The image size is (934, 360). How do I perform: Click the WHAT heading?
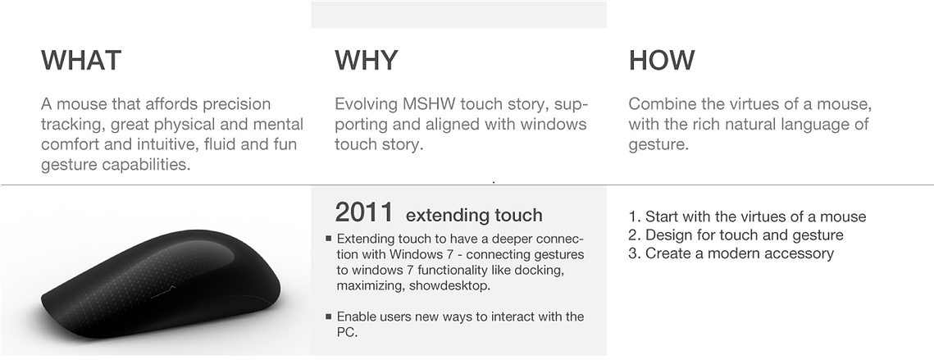pyautogui.click(x=81, y=60)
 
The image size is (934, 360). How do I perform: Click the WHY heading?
pyautogui.click(x=366, y=60)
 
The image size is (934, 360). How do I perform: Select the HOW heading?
pyautogui.click(x=661, y=60)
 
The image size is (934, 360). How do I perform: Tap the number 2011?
pyautogui.click(x=364, y=212)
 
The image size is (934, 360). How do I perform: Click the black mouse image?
pyautogui.click(x=160, y=284)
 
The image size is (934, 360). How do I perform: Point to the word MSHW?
pyautogui.click(x=429, y=103)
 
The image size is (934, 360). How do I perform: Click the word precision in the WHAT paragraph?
pyautogui.click(x=236, y=104)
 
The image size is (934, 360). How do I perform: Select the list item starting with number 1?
pyautogui.click(x=747, y=216)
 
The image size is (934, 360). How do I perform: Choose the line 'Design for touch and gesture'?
pyautogui.click(x=744, y=235)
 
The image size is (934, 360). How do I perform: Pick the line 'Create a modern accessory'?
pyautogui.click(x=739, y=253)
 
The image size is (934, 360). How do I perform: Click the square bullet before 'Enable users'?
pyautogui.click(x=328, y=317)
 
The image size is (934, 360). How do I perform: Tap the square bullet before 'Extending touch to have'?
pyautogui.click(x=328, y=239)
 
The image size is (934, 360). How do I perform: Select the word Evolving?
pyautogui.click(x=366, y=104)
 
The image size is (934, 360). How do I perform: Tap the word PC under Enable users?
pyautogui.click(x=347, y=332)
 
